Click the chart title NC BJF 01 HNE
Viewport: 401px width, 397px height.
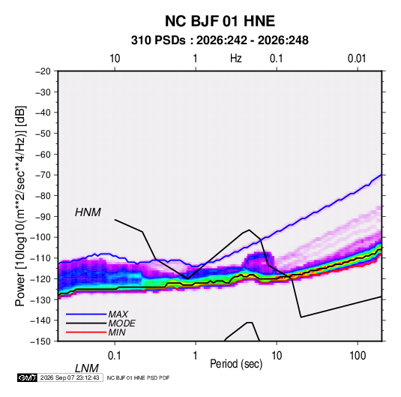coord(220,21)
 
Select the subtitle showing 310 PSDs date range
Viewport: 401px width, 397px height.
coord(220,41)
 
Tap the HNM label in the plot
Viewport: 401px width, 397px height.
coord(88,212)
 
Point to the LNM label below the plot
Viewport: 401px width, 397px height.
coord(87,368)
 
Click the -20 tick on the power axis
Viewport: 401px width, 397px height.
coord(43,71)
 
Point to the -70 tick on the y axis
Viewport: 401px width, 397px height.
coord(43,175)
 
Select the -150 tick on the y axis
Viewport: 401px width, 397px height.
coord(41,341)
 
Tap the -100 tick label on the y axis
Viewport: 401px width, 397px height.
coord(41,237)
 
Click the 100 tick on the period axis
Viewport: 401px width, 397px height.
coord(358,356)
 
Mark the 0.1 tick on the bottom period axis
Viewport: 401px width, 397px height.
coord(115,356)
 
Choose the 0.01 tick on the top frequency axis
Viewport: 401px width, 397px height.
coord(357,59)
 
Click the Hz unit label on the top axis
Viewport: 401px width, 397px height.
coord(236,59)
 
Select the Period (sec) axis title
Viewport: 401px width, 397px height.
coord(236,364)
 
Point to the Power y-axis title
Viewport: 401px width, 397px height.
coord(20,206)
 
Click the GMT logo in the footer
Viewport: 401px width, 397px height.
coord(27,377)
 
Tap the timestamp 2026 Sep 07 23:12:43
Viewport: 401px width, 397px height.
coord(70,377)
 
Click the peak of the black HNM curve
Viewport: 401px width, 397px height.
coord(249,230)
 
